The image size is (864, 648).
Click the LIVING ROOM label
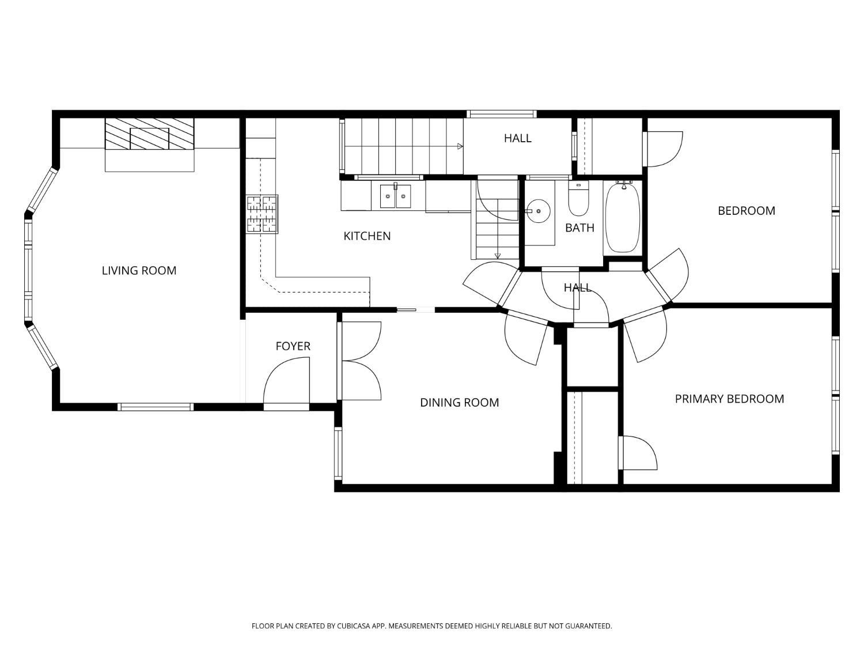tap(139, 271)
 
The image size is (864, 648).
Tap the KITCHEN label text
tap(367, 236)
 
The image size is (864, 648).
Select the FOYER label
tap(293, 346)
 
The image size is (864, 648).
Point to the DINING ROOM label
tap(459, 403)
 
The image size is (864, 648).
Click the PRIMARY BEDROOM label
tap(729, 399)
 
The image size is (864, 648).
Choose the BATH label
tap(579, 228)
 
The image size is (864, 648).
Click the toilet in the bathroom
tap(578, 199)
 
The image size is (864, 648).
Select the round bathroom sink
tap(537, 211)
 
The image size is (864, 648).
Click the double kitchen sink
tap(395, 196)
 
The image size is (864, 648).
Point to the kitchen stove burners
tap(262, 214)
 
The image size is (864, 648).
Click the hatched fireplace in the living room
tap(149, 134)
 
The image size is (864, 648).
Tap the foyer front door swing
tap(286, 380)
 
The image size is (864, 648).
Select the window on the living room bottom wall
tap(156, 407)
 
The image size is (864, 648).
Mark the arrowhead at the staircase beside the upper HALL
tap(460, 146)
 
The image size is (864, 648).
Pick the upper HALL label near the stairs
tap(518, 138)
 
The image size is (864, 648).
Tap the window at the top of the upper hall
tap(502, 114)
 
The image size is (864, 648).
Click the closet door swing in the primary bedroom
tap(638, 453)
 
